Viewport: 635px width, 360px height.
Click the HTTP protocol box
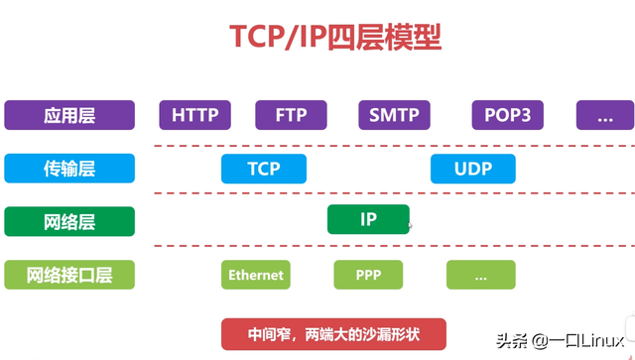[x=194, y=115]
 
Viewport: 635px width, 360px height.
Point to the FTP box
[x=291, y=115]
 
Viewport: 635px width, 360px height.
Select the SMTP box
[x=394, y=115]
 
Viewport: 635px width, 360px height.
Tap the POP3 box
[x=507, y=115]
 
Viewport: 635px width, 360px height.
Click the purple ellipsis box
[x=605, y=115]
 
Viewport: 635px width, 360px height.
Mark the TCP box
[x=264, y=169]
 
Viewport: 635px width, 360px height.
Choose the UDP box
[x=472, y=169]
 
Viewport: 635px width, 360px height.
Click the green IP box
[x=368, y=219]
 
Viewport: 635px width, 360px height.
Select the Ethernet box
[x=256, y=275]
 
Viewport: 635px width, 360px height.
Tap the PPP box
[x=368, y=275]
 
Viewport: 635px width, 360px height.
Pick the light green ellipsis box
[x=480, y=275]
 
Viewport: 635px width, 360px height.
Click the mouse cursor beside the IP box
[x=411, y=227]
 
